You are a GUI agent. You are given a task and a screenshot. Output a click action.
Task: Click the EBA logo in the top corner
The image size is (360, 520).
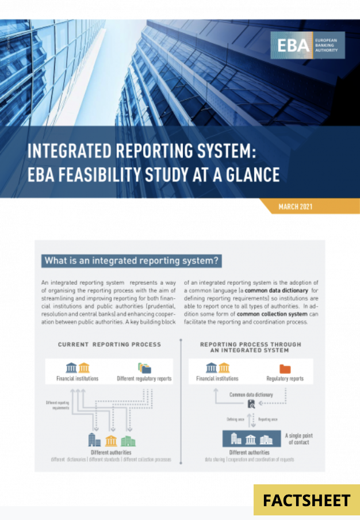[308, 45]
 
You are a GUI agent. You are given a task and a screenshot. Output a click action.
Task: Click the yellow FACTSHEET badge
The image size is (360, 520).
[307, 500]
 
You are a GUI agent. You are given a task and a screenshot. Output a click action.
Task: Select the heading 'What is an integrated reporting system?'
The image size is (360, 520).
[132, 261]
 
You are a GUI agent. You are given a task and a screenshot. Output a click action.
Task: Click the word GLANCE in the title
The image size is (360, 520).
[244, 174]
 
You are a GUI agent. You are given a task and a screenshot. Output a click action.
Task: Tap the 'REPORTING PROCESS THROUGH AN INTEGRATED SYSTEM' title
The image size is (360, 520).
[250, 347]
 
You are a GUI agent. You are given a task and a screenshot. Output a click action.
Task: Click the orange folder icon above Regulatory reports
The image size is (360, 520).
[285, 368]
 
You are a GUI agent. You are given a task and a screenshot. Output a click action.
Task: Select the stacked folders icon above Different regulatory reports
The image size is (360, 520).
[144, 368]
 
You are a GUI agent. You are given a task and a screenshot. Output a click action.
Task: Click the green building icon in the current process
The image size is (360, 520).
[128, 441]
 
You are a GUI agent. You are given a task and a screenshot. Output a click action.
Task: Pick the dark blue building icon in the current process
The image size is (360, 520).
[94, 441]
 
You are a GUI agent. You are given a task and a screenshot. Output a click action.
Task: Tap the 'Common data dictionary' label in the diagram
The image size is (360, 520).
[251, 395]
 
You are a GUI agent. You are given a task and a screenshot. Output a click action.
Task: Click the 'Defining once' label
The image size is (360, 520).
[235, 420]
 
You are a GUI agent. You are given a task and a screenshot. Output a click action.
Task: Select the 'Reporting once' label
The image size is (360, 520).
[269, 420]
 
